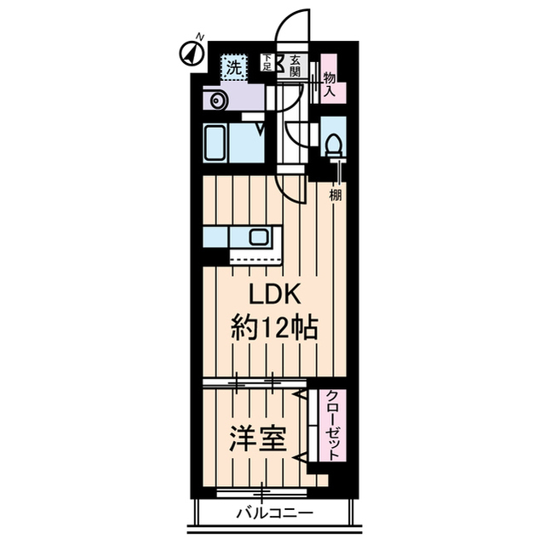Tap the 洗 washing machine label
coord(232,66)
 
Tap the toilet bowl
coord(334,146)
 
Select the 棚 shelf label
coord(336,195)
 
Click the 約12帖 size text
coord(275,328)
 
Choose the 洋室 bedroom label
coord(255,439)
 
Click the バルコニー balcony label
coord(274,514)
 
